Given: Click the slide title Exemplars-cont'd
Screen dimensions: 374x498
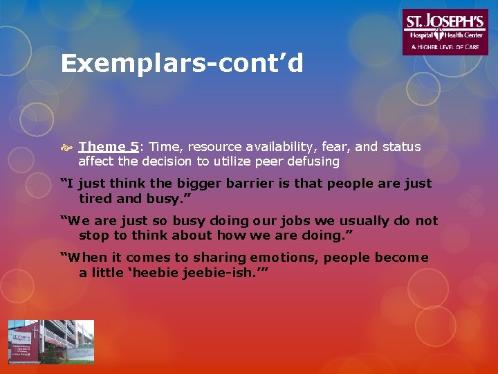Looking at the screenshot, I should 182,64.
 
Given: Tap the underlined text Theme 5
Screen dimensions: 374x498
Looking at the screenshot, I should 109,147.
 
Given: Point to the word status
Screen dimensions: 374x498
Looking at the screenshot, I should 400,147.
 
